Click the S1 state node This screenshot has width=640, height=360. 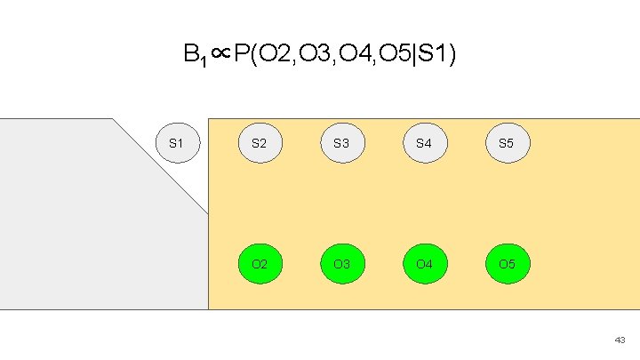[176, 142]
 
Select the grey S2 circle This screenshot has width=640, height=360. [260, 142]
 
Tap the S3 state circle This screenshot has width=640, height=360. [341, 142]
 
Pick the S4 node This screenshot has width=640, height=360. [424, 142]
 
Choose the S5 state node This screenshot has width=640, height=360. [506, 142]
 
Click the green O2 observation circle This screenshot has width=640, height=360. [260, 264]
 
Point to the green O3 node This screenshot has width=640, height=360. [341, 264]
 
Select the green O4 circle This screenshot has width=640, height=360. [424, 264]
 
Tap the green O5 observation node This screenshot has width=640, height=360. [506, 264]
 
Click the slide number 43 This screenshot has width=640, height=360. [620, 340]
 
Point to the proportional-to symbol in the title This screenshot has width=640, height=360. [221, 56]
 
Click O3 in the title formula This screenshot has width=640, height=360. [312, 56]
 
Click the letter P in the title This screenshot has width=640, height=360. [241, 56]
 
